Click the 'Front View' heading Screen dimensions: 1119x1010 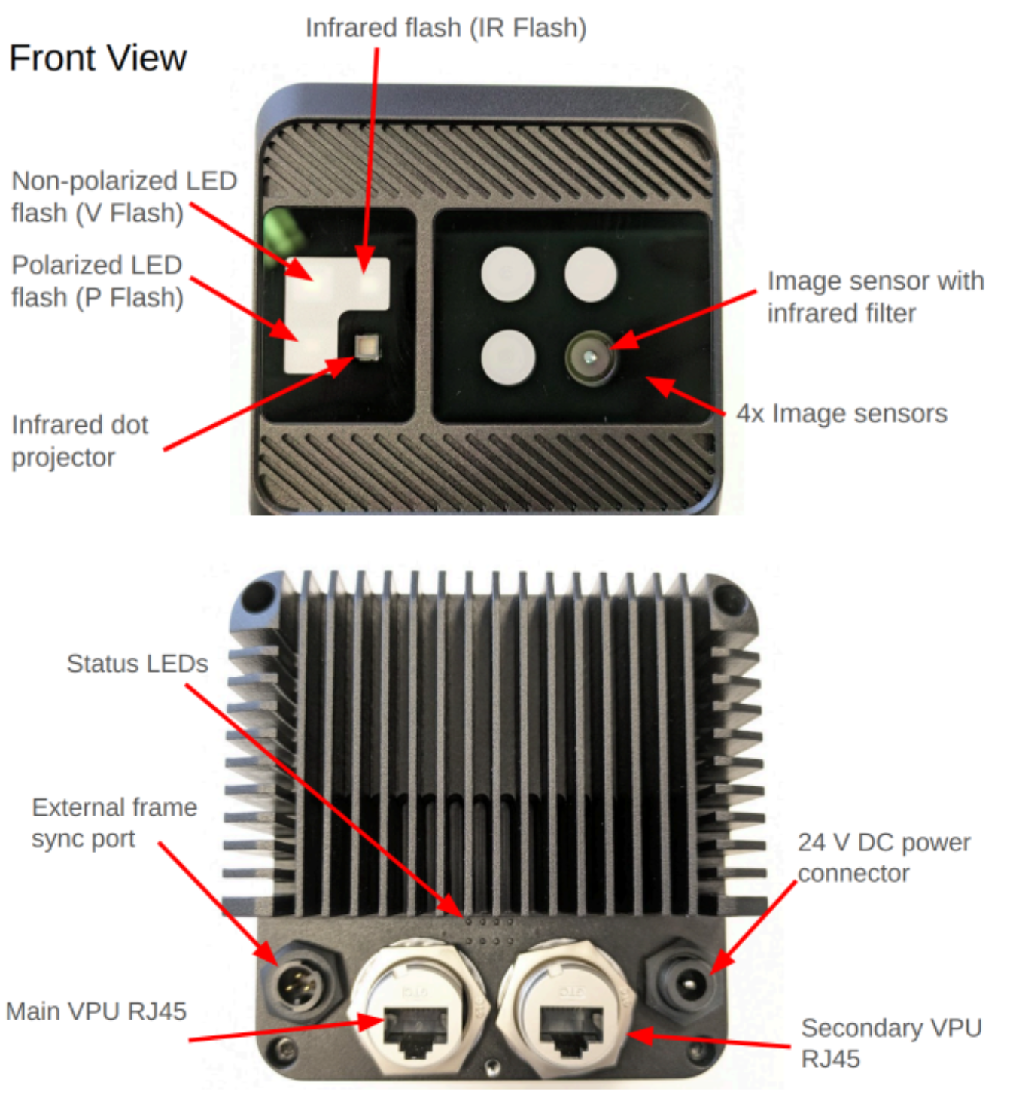[x=97, y=58]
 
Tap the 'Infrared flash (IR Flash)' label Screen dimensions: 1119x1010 [x=446, y=28]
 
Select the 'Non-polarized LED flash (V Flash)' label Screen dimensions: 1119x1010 [x=123, y=196]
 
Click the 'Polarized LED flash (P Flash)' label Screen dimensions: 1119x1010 [x=97, y=281]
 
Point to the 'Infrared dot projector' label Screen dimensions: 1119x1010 [x=79, y=440]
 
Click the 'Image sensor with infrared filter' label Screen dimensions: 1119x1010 [x=875, y=296]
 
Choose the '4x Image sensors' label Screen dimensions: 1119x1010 [x=841, y=413]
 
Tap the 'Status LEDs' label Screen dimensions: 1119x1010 [x=137, y=664]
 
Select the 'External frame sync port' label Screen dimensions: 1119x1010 [x=114, y=823]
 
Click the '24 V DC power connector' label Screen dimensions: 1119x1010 [x=884, y=857]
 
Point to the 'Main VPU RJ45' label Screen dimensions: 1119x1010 [x=96, y=1011]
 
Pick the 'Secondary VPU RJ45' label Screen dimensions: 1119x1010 [x=890, y=1043]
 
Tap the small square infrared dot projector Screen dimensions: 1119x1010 [x=367, y=346]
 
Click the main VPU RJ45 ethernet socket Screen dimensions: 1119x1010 [x=415, y=1029]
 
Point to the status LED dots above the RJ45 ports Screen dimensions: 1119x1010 [x=489, y=930]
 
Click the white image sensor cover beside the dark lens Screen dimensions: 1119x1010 [x=508, y=356]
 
